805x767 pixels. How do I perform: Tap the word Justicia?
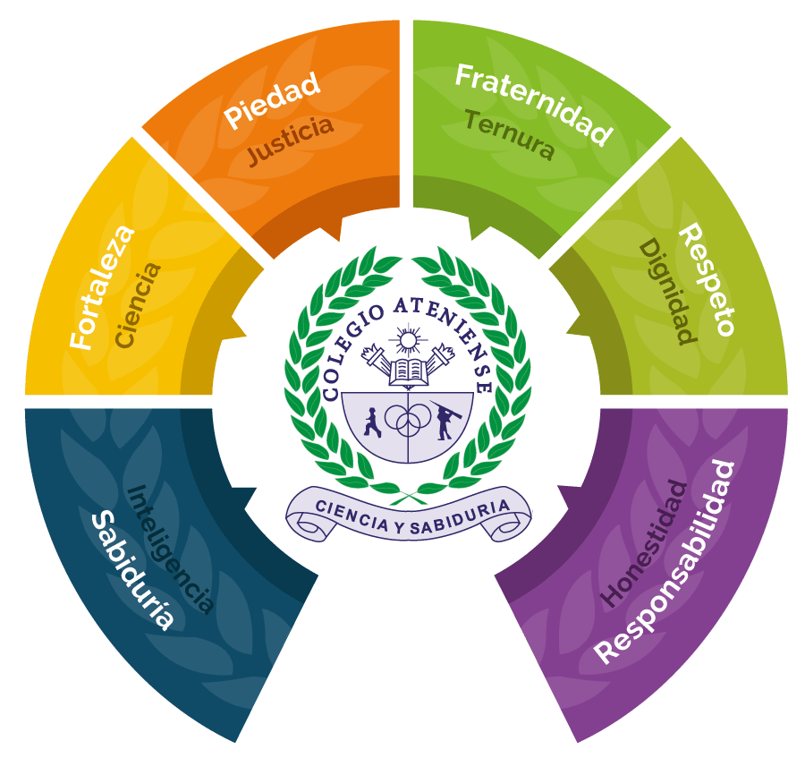[291, 140]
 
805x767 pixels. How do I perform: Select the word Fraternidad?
[534, 104]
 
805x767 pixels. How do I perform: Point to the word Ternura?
[510, 134]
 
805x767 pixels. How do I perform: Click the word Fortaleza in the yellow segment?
[102, 287]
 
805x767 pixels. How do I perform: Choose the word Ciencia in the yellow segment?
[138, 305]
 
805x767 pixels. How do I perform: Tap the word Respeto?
[708, 279]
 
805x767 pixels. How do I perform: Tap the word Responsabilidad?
[665, 562]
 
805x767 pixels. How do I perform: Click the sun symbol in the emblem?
[408, 339]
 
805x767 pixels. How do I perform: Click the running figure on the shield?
[372, 422]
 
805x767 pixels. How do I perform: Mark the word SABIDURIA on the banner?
[461, 518]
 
